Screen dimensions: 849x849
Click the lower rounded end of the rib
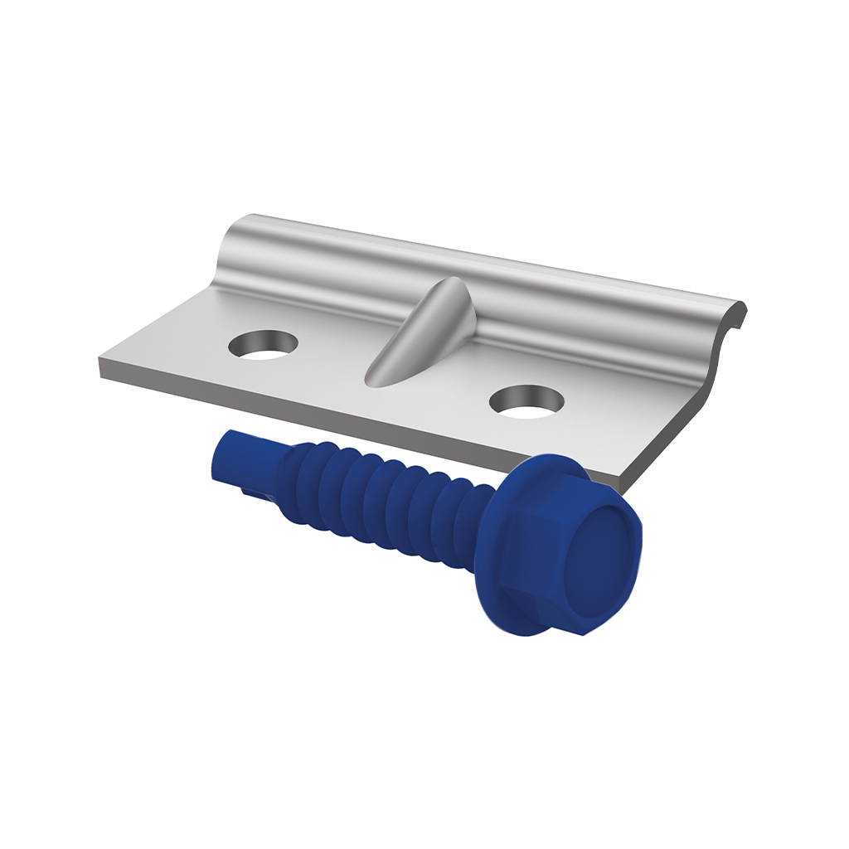(x=377, y=377)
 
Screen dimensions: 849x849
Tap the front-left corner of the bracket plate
(x=100, y=370)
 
